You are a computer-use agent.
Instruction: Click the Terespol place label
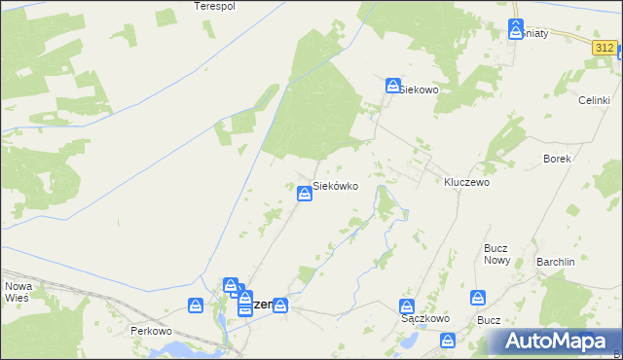click(x=215, y=6)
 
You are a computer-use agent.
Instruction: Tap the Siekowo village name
click(x=421, y=90)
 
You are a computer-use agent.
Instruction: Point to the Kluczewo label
click(x=466, y=182)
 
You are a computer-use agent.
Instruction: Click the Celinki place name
click(x=594, y=100)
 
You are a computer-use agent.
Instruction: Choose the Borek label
click(x=557, y=158)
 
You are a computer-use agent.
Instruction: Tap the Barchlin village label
click(x=557, y=262)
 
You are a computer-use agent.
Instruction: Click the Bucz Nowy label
click(x=497, y=254)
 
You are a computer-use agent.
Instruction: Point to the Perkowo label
click(x=151, y=331)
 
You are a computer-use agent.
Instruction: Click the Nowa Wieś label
click(x=18, y=293)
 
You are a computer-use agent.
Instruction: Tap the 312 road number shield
click(x=605, y=47)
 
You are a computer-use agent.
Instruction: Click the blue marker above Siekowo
click(x=392, y=86)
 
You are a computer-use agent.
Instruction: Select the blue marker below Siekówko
click(x=305, y=196)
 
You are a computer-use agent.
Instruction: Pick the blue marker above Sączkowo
click(x=410, y=306)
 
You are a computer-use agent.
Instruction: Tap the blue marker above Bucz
click(x=478, y=297)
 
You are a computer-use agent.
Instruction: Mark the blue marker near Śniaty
click(x=516, y=29)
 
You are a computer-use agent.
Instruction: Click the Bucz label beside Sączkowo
click(x=489, y=320)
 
